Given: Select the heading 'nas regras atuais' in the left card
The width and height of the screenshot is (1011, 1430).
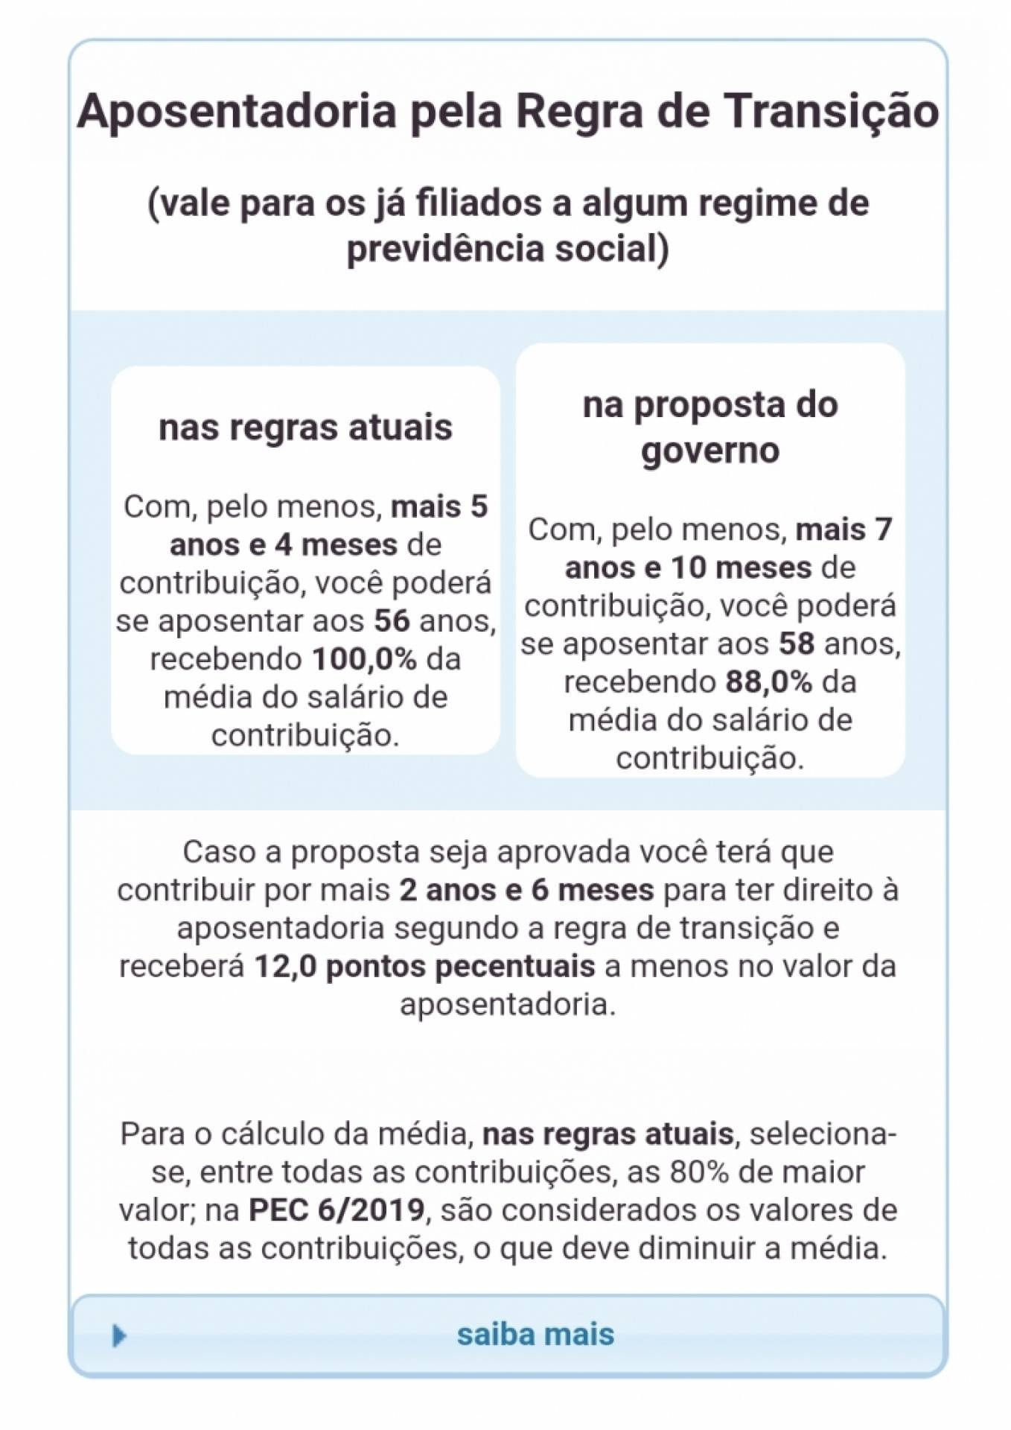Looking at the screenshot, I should click(x=305, y=428).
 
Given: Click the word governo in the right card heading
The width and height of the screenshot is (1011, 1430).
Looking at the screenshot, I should click(x=710, y=450).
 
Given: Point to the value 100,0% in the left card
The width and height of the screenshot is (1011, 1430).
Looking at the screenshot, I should click(x=364, y=659).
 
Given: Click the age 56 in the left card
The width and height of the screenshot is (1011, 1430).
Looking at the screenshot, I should click(x=392, y=621).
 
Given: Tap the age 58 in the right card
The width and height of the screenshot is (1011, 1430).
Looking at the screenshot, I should click(x=797, y=644).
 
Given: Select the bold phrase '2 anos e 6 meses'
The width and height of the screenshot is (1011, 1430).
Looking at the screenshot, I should click(x=526, y=890).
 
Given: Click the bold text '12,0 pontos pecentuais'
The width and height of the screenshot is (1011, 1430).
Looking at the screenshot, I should click(x=424, y=967).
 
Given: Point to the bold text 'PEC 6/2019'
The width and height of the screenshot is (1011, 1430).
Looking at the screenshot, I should click(x=337, y=1210).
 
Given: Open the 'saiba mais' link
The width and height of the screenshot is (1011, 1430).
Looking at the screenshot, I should click(x=535, y=1334).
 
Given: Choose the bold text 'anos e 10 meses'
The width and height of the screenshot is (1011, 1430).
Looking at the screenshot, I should click(x=688, y=568).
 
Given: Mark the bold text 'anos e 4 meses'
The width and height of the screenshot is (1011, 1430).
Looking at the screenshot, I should click(x=284, y=545).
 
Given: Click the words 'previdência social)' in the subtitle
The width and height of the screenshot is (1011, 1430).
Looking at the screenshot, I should click(x=508, y=249).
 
